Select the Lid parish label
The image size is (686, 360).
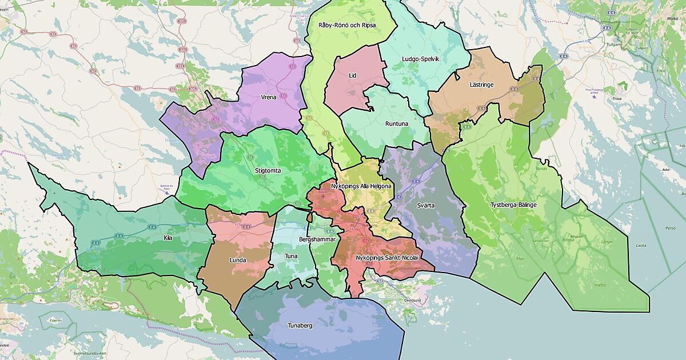pos(353,75)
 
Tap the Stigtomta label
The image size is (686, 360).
pos(268,170)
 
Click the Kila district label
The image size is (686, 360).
pos(167,237)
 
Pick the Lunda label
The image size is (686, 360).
pos(238,260)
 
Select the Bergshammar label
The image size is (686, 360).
pos(317,239)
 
